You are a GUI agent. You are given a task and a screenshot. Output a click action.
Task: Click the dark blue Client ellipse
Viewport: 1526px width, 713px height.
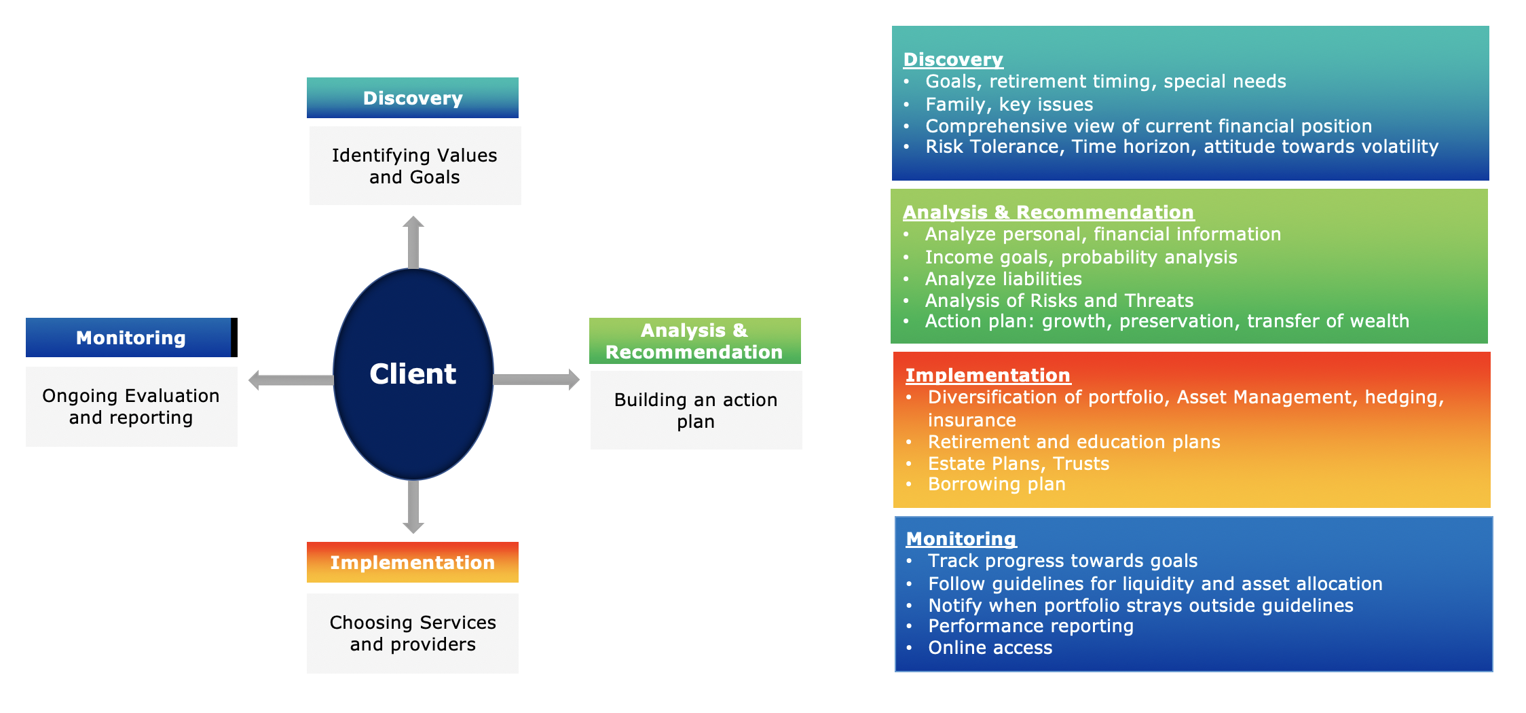pos(413,374)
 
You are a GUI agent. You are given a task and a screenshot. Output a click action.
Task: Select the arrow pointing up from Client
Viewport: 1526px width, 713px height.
pos(413,242)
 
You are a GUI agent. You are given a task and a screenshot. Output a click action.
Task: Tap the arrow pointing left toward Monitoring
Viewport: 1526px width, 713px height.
pos(291,380)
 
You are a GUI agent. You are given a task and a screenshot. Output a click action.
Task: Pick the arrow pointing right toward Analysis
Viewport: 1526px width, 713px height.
pos(536,380)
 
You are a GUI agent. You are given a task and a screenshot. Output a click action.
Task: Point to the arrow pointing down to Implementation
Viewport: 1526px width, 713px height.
pos(413,507)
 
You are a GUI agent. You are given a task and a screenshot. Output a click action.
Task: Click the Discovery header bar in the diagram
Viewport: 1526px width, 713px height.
pos(413,98)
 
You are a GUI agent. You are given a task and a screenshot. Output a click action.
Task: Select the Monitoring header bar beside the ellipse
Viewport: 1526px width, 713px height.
pos(131,337)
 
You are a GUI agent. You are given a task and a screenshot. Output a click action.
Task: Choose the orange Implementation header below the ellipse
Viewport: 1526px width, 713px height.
pos(413,562)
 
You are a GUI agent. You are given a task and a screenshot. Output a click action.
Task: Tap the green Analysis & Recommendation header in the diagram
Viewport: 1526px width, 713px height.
pos(695,341)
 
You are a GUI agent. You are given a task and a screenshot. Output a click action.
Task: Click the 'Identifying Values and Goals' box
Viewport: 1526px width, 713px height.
pos(415,166)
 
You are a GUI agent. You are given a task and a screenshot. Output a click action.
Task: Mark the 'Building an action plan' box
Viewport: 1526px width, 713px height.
pos(696,410)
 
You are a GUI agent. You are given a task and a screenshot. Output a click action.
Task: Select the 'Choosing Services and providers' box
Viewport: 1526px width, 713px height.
pos(413,634)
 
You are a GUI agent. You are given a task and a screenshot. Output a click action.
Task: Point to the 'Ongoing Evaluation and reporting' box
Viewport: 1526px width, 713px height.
pos(132,407)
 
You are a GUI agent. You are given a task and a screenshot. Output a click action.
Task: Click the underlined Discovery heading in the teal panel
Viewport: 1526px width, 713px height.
pos(953,60)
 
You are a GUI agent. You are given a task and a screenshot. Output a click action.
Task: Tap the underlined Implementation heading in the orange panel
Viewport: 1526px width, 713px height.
pos(988,376)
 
